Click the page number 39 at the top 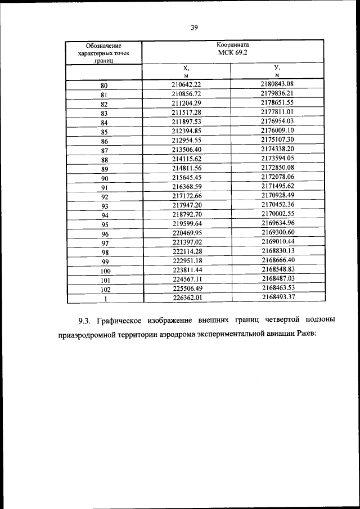[194, 26]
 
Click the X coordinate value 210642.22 [186, 84]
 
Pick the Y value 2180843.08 [277, 84]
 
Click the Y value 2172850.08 [277, 169]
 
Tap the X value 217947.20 [186, 206]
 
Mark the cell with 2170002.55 [277, 215]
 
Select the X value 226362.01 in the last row [186, 298]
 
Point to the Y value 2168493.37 [277, 298]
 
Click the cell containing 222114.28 [186, 252]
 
